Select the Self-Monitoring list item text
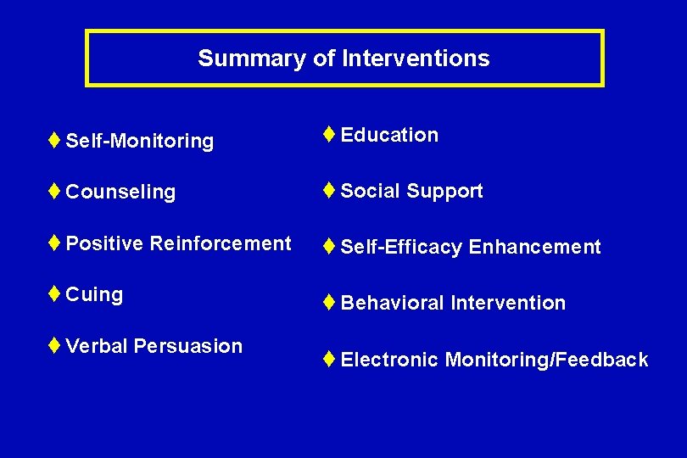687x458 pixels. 139,141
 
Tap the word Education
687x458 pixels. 389,135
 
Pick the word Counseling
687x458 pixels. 120,193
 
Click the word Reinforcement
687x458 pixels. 221,243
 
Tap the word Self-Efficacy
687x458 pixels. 401,248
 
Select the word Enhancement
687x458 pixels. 534,248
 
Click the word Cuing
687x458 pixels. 94,295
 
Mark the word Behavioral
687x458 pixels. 392,303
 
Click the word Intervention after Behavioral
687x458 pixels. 508,303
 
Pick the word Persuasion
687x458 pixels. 188,346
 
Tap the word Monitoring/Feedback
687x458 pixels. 546,360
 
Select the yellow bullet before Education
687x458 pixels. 329,134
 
